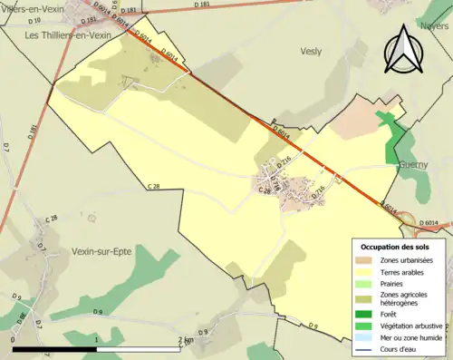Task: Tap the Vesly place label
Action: tap(311, 52)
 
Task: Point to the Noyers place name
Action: tap(435, 27)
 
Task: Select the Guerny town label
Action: tap(411, 165)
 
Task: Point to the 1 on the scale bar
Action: tap(97, 339)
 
